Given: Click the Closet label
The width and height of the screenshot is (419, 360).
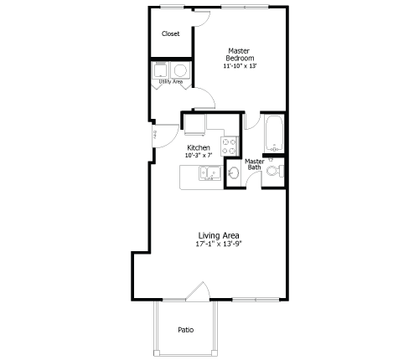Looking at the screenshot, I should [171, 34].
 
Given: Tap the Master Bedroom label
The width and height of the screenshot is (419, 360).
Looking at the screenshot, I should [239, 54].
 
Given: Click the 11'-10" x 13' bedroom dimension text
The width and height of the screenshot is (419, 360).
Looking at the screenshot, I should [240, 65].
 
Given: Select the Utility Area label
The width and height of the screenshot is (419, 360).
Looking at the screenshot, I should [171, 82].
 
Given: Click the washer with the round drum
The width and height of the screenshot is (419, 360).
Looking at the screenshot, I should [180, 69].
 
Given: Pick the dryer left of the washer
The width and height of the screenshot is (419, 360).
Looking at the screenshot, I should [161, 69].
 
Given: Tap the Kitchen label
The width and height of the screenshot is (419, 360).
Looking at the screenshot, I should [199, 147].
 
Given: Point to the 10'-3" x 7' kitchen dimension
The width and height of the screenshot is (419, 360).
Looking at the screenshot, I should [199, 155].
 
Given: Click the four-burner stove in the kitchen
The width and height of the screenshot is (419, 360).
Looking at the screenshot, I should [229, 146].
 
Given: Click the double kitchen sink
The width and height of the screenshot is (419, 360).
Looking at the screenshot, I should [209, 174].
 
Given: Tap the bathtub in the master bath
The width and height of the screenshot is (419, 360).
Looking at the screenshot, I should [273, 134].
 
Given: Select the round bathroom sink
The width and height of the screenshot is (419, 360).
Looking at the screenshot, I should [234, 174].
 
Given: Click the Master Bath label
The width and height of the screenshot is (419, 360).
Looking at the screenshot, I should [254, 164].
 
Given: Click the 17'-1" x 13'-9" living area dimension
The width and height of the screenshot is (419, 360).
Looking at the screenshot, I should [218, 244].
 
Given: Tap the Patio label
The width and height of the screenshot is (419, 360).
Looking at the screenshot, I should [185, 330].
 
